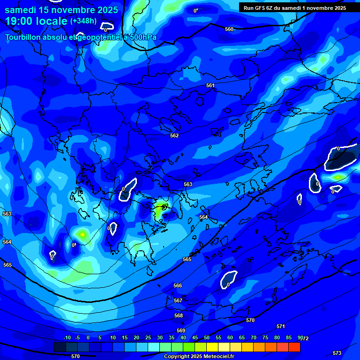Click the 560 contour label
point(229,29)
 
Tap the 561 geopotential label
point(210,85)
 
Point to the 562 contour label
point(174,135)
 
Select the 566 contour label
point(178,285)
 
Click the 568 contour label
point(179,315)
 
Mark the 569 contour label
point(181,330)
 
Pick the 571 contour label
point(281,326)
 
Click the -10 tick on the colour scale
point(67,338)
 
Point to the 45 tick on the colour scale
point(195,338)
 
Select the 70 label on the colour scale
point(254,338)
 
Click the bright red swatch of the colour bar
point(294,347)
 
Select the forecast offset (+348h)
point(83,21)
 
